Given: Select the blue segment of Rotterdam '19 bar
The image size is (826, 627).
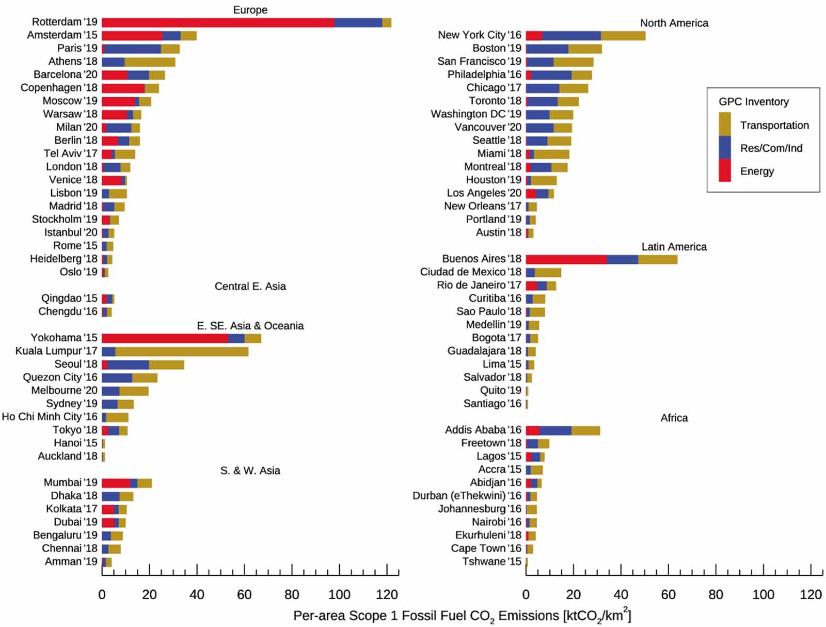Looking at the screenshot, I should coord(358,23).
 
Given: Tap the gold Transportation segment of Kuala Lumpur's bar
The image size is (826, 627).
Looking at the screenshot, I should coord(182,352).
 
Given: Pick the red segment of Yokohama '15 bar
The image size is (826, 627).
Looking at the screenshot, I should coord(165,338).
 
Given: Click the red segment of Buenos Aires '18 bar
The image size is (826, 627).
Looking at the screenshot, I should coord(566,259).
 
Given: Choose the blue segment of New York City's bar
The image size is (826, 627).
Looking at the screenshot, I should coord(571,36).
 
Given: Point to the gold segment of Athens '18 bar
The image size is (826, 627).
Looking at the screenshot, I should coord(150,62).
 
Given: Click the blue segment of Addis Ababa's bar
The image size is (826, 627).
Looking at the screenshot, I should coord(555,430).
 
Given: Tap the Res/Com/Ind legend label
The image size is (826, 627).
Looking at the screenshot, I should coord(771,148).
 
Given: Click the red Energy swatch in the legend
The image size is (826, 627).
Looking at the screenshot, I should coord(725,170).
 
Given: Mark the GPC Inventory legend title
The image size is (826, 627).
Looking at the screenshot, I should coord(753,102).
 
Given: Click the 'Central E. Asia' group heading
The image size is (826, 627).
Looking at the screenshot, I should coord(250,286).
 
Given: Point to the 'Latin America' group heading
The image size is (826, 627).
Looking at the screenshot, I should coord(674,247).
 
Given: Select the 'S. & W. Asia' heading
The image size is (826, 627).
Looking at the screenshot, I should coord(250,471).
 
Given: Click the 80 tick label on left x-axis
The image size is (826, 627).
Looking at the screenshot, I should coord(292,594).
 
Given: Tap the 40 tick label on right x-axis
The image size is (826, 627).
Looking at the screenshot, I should coord(621,594).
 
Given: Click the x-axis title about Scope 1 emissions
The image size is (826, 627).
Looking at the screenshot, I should coord(462,616).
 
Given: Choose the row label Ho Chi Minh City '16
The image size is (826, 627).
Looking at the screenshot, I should coord(50,417).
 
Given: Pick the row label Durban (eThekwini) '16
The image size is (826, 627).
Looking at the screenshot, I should coord(467,496).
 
